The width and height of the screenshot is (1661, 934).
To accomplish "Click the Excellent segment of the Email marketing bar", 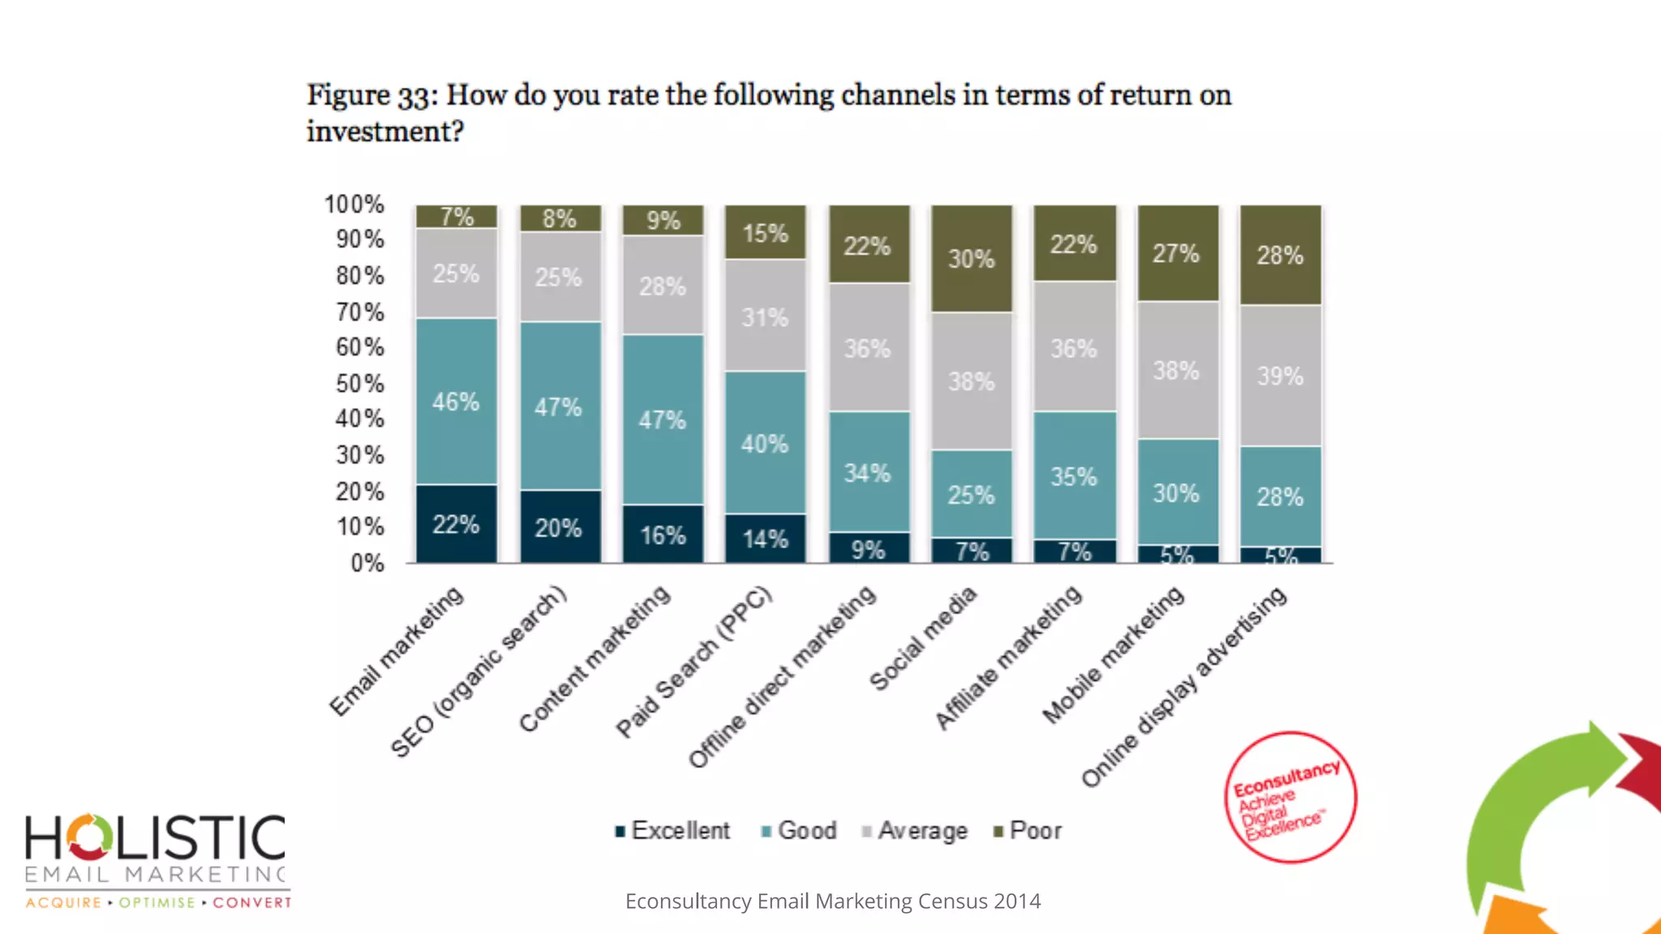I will click(456, 524).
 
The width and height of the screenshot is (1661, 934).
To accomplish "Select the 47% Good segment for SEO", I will click(560, 405).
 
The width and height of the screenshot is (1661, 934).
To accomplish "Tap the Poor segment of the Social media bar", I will click(972, 258).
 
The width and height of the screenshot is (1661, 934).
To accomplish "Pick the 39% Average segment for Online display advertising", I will click(1280, 375).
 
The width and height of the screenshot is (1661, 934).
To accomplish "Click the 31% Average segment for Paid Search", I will click(765, 316).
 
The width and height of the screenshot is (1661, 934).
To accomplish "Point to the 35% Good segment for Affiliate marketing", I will click(1074, 476).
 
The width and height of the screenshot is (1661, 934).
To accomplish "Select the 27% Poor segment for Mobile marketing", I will click(1177, 253).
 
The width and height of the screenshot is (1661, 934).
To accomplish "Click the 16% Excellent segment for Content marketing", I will click(663, 534).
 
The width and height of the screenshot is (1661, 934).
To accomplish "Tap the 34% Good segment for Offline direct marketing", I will click(868, 472).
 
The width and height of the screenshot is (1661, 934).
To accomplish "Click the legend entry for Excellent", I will click(673, 831).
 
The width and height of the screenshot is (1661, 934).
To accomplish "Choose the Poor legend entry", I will click(1028, 831).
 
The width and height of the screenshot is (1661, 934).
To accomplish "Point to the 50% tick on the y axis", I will click(360, 383).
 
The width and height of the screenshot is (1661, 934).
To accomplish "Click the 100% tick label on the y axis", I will click(354, 204).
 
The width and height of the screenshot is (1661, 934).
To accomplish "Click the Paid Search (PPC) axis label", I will click(694, 662).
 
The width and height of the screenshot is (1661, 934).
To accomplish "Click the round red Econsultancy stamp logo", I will click(1290, 798).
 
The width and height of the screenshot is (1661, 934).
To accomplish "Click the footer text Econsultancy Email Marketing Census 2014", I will click(833, 902).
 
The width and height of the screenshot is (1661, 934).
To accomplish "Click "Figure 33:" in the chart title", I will click(372, 96).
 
